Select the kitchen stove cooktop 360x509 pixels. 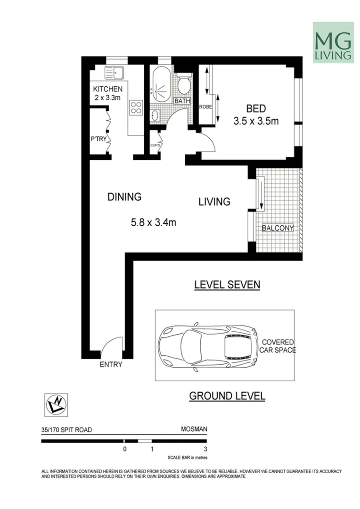tap(136, 108)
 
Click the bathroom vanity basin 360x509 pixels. tap(156, 115)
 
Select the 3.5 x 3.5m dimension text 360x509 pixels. tap(256, 121)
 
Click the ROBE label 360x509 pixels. tap(205, 107)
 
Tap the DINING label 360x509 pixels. tap(124, 197)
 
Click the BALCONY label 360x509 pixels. tap(278, 228)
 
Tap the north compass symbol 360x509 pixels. tap(56, 405)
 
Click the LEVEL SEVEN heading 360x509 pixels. tap(227, 285)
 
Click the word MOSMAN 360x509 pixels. tap(194, 429)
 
